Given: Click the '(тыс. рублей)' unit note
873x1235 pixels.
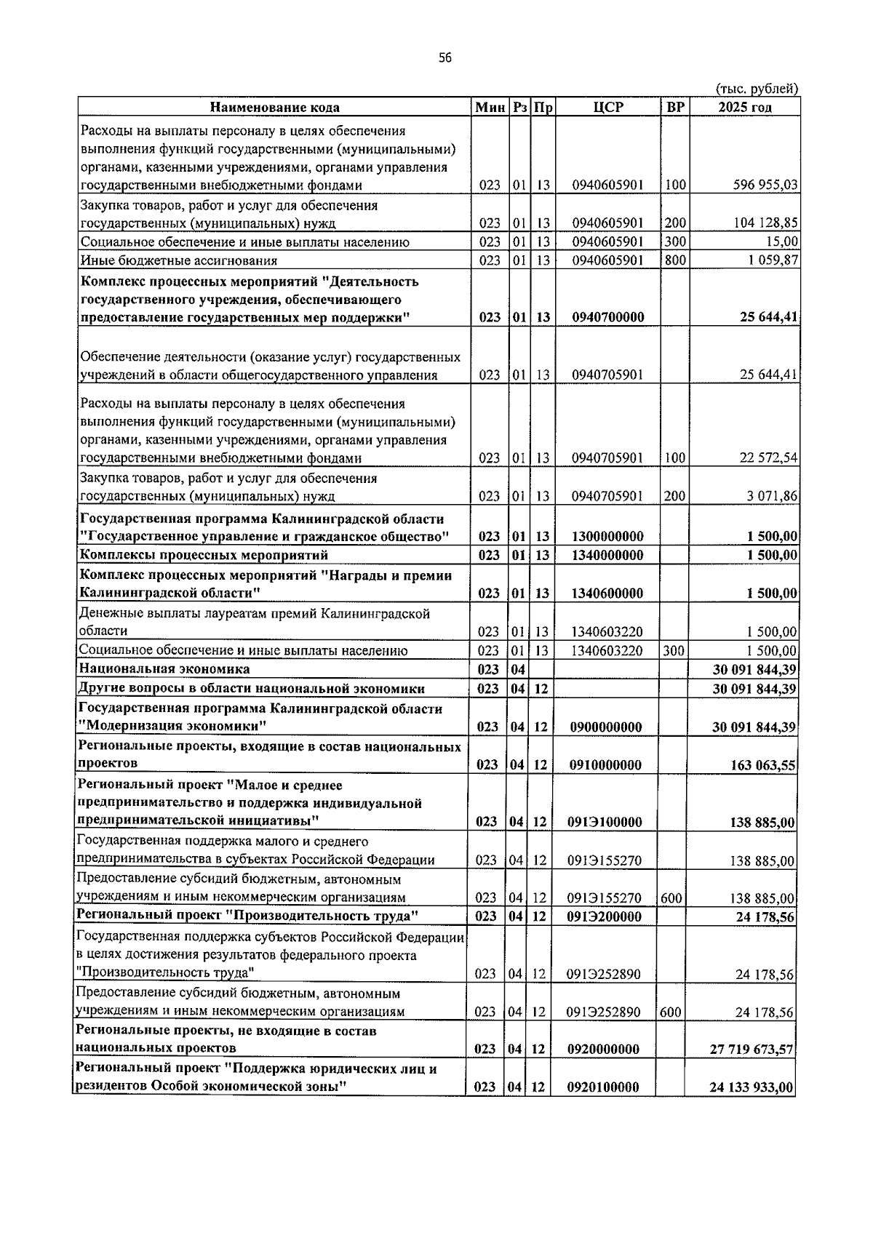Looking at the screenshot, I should click(757, 89).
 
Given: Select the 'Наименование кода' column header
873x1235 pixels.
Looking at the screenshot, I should click(274, 108).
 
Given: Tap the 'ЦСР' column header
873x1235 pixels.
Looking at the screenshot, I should click(608, 108).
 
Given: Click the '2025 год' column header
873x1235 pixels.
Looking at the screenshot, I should click(745, 108).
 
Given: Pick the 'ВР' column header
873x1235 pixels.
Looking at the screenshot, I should click(675, 108).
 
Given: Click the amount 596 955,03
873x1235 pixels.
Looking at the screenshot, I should click(765, 185).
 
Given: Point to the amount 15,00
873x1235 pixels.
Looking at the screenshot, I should click(783, 241).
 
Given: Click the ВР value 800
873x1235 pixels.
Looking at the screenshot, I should click(675, 260).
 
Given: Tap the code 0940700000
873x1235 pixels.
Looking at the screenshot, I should click(607, 318).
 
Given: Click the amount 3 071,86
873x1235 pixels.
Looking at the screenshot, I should click(772, 496).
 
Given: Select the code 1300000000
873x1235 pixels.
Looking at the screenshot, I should click(607, 537).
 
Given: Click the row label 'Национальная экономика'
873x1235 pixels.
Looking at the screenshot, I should click(164, 669).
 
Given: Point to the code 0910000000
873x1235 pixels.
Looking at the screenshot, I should click(605, 764).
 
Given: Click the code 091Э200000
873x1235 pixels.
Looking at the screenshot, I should click(605, 916).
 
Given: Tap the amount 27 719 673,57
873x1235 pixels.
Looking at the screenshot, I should click(752, 1050).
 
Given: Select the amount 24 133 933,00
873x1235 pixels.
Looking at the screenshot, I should click(752, 1088).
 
